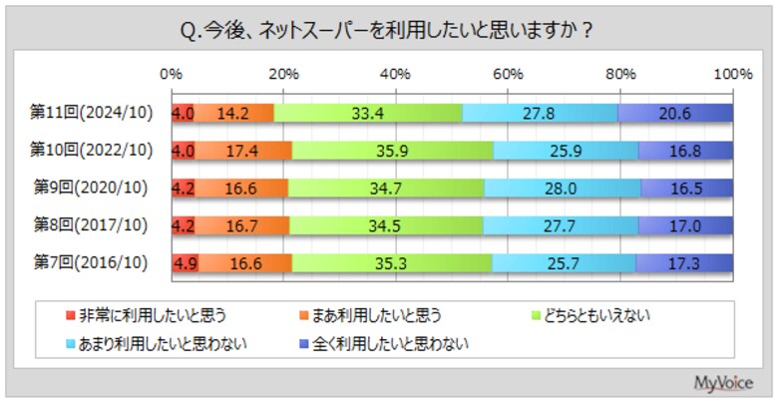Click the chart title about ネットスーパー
[x=388, y=30]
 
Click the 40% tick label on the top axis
[x=396, y=74]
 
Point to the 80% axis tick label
[x=621, y=74]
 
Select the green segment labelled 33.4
[x=368, y=113]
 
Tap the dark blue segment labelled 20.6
[x=675, y=113]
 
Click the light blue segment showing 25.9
[x=566, y=151]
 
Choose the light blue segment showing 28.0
[x=563, y=188]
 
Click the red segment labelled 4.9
[x=185, y=263]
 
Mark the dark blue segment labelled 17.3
[x=684, y=263]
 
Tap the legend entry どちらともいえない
[x=597, y=317]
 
